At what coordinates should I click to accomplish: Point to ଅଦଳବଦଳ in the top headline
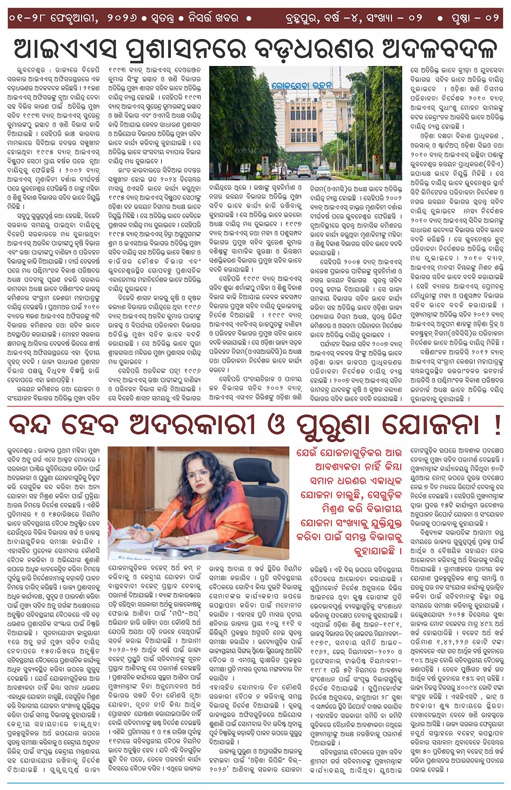point(432,49)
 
